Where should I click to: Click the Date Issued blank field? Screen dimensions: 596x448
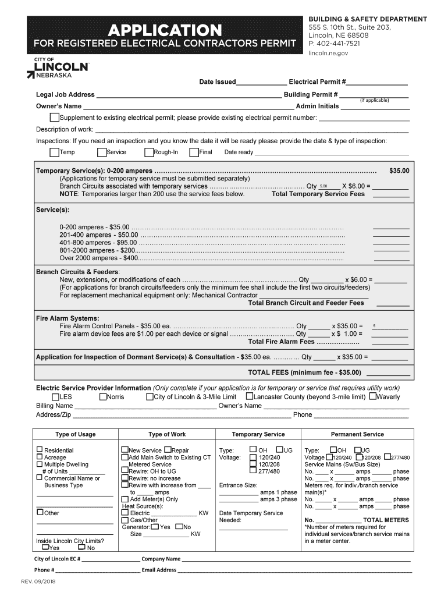[x=261, y=83]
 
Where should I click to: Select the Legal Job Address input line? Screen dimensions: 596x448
[x=189, y=95]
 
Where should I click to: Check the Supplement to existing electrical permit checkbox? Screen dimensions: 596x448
[x=54, y=118]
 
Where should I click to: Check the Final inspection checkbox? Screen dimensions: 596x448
[x=194, y=152]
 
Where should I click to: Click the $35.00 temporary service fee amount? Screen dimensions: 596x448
[x=399, y=171]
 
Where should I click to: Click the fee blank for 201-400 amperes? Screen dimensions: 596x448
[x=390, y=235]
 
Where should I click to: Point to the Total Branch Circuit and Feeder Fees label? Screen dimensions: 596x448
[x=305, y=303]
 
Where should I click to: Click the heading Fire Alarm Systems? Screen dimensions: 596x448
[x=67, y=318]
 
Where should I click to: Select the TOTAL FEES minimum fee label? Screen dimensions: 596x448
[x=305, y=372]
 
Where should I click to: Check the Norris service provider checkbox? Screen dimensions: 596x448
[x=103, y=397]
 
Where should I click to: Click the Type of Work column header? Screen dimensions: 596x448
[x=167, y=434]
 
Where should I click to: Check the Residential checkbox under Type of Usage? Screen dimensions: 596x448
[x=40, y=449]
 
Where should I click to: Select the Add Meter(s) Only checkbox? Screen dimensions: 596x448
[x=125, y=499]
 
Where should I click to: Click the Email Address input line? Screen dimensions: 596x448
[x=294, y=570]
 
